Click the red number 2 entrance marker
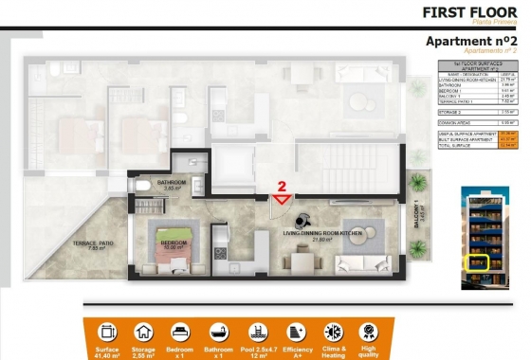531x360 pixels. point(281,188)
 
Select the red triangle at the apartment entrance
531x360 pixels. point(282,199)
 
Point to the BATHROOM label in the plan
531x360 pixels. point(172,183)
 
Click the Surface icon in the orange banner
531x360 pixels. point(106,333)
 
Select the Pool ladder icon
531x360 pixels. point(258,333)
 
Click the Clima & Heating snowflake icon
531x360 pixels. point(333,333)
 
